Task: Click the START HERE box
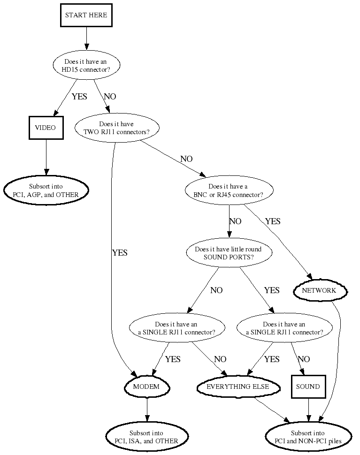(x=86, y=15)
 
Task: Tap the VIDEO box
(x=46, y=128)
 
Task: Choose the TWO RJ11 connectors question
(x=117, y=128)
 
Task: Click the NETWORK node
(x=319, y=291)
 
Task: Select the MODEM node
(x=146, y=387)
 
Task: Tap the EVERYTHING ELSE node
(x=238, y=387)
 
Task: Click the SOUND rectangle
(x=308, y=387)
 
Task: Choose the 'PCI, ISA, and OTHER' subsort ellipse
(x=147, y=437)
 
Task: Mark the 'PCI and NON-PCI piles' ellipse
(x=308, y=437)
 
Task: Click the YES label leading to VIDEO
(x=79, y=97)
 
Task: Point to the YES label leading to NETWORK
(x=272, y=221)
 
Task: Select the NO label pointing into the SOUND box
(x=304, y=359)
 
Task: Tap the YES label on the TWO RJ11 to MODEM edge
(x=120, y=253)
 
